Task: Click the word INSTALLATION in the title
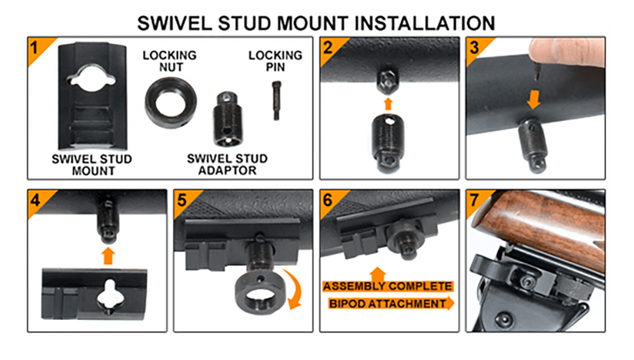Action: point(425,23)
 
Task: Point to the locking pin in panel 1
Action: point(276,101)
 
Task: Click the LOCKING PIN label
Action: point(275,61)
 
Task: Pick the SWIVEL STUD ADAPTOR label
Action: point(227,165)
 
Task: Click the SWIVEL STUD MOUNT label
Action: point(92,165)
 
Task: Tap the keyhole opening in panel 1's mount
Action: point(93,77)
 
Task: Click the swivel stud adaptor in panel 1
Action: point(227,119)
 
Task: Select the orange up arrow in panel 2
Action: point(388,104)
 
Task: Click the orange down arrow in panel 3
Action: point(534,99)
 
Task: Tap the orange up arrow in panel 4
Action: point(108,256)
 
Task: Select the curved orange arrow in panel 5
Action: point(292,290)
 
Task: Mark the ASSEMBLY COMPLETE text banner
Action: point(387,286)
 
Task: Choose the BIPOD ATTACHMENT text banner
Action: point(391,303)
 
